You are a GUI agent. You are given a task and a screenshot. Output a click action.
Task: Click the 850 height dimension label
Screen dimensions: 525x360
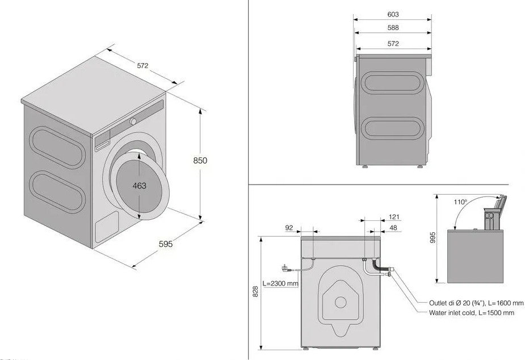[200, 160]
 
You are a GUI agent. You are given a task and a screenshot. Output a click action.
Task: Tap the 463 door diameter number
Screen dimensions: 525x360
[139, 186]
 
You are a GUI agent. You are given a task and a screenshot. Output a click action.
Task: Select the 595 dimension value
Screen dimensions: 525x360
[166, 244]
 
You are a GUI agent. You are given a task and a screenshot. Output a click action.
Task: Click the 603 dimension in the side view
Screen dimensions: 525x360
[393, 14]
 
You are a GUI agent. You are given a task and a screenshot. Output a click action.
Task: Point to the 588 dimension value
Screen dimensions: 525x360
[393, 28]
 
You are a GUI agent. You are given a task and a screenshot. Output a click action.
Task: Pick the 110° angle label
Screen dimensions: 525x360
[460, 202]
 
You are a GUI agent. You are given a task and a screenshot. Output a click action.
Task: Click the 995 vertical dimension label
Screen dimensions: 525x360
[433, 237]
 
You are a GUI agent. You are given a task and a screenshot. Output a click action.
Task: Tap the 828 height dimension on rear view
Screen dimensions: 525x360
[255, 291]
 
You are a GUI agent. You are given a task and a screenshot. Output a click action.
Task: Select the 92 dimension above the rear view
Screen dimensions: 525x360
[289, 228]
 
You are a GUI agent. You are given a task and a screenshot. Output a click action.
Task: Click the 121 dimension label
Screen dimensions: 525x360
[394, 217]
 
